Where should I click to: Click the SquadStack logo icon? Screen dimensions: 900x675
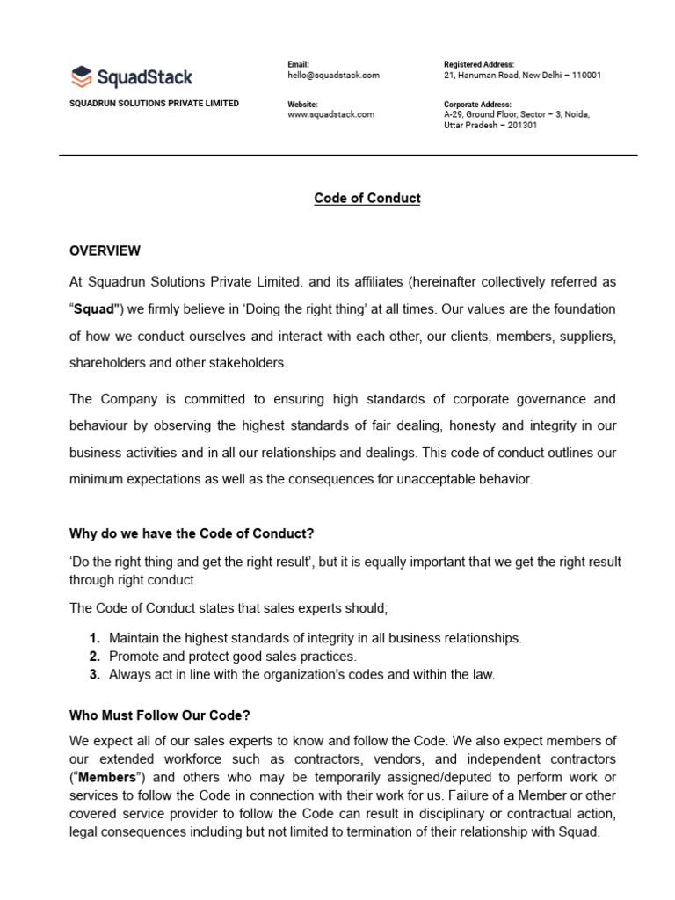click(x=81, y=76)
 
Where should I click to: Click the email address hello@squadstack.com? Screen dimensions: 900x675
click(x=333, y=76)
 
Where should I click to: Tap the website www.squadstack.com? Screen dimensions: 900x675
click(x=330, y=114)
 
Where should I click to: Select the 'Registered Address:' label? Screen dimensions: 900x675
click(x=479, y=65)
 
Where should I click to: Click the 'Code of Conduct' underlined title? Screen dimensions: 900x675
click(x=367, y=199)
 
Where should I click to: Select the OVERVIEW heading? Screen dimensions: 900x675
click(x=105, y=251)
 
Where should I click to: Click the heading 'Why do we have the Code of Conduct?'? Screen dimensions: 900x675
click(x=191, y=533)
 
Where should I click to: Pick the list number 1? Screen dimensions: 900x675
click(x=93, y=638)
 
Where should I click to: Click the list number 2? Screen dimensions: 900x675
click(x=93, y=657)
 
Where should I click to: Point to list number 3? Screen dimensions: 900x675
click(x=93, y=675)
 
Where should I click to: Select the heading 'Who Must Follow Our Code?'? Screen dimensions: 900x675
click(x=166, y=716)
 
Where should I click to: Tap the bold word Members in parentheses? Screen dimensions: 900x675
click(x=107, y=777)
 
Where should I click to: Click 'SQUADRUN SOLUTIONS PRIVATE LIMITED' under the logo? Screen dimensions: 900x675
click(x=154, y=104)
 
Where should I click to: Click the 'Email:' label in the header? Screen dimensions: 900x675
click(x=299, y=65)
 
